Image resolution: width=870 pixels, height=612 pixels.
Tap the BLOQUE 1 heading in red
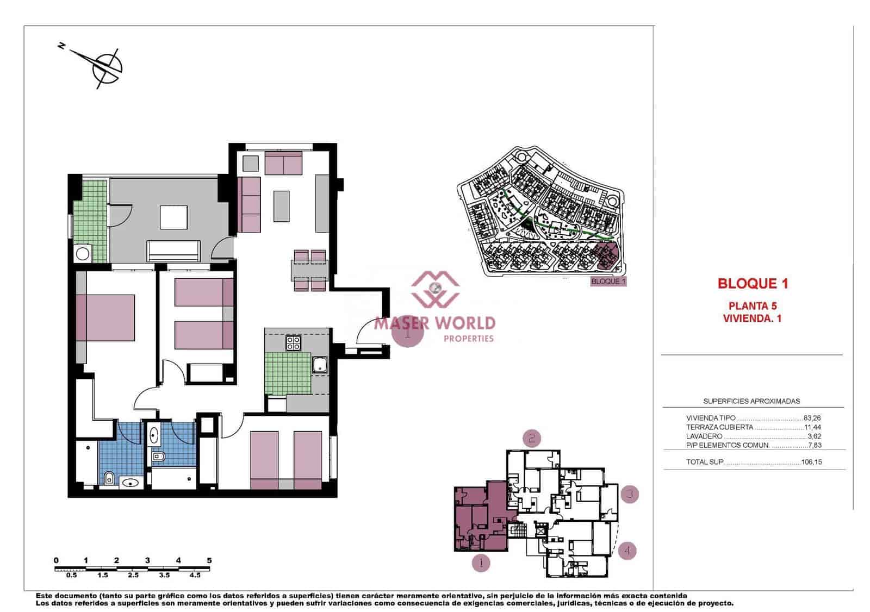753,283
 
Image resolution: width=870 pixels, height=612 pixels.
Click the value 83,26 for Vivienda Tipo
812,419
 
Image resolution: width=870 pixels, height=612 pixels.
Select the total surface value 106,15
812,463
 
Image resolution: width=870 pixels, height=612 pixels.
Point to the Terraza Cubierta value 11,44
813,427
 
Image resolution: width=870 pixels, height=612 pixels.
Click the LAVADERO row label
704,436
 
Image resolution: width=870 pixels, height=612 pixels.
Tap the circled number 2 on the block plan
532,438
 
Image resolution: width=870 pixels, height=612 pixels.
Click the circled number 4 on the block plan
627,551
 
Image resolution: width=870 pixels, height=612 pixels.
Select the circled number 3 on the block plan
629,495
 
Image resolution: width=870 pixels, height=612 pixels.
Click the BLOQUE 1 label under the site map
608,282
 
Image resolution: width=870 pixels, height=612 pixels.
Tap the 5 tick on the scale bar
209,560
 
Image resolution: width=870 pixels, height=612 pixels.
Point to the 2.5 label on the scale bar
133,574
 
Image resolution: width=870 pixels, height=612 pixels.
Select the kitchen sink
320,365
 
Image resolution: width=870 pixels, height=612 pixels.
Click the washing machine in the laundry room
83,253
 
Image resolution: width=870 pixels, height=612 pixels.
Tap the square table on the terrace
173,218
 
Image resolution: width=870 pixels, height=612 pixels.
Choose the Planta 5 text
753,306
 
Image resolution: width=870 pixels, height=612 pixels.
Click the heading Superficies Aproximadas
751,401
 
